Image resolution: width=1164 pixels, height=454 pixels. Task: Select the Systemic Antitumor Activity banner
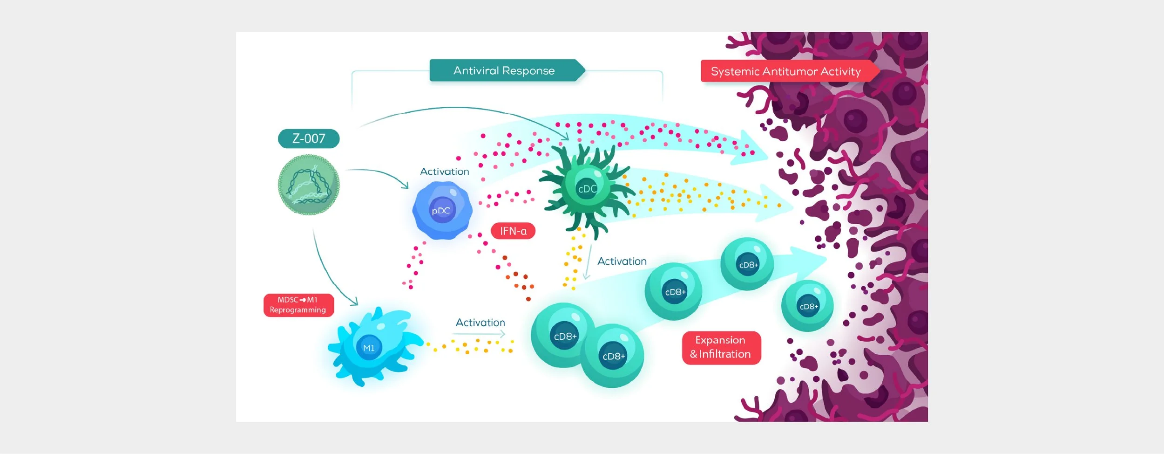pyautogui.click(x=786, y=71)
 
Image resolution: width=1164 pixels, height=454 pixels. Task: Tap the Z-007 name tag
pyautogui.click(x=309, y=138)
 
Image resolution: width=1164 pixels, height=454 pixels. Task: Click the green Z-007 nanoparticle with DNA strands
pyautogui.click(x=309, y=185)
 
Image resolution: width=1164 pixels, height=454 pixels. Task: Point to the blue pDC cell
pyautogui.click(x=442, y=211)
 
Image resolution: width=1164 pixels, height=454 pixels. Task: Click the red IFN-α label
pyautogui.click(x=513, y=231)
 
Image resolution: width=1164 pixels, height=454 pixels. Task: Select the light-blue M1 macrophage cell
pyautogui.click(x=372, y=347)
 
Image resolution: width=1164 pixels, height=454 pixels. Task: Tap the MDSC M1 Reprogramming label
pyautogui.click(x=298, y=305)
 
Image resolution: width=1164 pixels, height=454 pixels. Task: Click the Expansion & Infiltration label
pyautogui.click(x=721, y=347)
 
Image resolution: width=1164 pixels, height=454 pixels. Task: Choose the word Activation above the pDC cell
pyautogui.click(x=445, y=172)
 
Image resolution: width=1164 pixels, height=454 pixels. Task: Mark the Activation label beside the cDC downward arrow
pyautogui.click(x=622, y=261)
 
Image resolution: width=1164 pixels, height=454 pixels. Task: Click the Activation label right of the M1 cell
pyautogui.click(x=480, y=323)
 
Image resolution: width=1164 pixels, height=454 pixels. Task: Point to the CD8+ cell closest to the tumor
pyautogui.click(x=807, y=306)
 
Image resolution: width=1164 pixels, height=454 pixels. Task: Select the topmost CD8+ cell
pyautogui.click(x=747, y=264)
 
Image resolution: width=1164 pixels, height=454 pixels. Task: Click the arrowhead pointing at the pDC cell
pyautogui.click(x=406, y=186)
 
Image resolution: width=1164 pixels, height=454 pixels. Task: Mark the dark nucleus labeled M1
pyautogui.click(x=369, y=348)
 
